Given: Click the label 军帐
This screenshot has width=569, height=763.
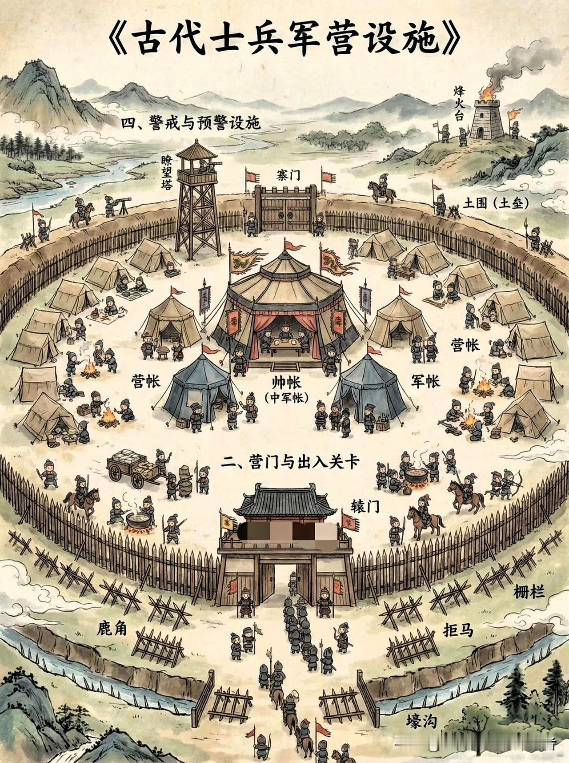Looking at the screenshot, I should point(425,381).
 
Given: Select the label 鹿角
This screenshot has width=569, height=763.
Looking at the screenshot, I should point(112,628).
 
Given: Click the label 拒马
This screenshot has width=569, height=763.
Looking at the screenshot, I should point(458,630).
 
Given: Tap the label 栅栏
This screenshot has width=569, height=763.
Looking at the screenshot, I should point(529,592).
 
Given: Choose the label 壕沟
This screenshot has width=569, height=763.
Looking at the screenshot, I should point(421,720).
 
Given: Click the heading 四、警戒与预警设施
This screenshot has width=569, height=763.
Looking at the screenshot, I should point(191,124).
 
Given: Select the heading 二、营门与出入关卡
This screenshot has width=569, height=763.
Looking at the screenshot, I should point(290,463).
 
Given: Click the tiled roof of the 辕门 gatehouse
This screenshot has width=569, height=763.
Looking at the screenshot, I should point(285,502).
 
